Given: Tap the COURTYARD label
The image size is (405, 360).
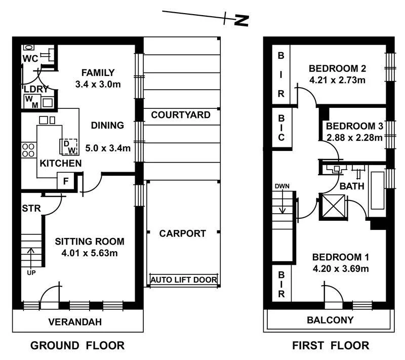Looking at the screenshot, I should (x=181, y=115).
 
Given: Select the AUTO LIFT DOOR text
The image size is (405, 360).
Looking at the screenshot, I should (x=184, y=279).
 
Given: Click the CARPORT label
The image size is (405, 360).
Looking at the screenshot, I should (x=182, y=233).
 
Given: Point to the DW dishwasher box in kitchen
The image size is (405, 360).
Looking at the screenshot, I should (x=68, y=146).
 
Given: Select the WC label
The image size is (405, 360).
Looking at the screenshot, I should (x=30, y=59).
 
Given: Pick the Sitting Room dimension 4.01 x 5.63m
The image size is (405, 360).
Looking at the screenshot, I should (x=89, y=253).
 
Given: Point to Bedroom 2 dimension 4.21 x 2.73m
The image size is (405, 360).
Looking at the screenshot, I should (x=337, y=79).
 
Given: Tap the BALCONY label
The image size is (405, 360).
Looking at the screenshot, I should (x=330, y=320).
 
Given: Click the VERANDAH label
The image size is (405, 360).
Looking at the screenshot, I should (x=75, y=322).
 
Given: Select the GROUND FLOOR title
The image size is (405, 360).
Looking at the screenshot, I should (x=77, y=346).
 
